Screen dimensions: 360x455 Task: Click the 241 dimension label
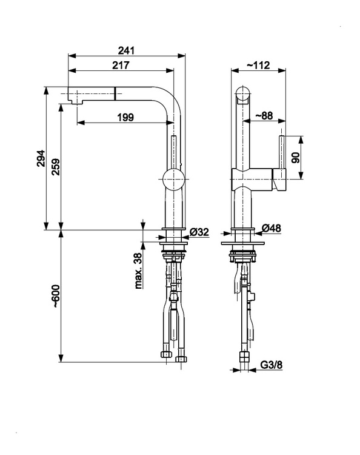pos(127,50)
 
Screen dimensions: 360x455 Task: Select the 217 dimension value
pos(121,66)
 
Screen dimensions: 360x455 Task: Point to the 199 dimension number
pos(125,118)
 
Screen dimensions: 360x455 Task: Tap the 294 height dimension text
pos(41,158)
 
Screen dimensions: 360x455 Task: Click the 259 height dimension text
pos(55,167)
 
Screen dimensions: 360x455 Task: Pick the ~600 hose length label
pos(55,296)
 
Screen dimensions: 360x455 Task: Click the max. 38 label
pos(139,271)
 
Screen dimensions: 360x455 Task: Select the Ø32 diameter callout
pos(199,232)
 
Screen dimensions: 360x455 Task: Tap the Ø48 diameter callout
pos(272,228)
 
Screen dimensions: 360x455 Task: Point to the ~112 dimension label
pos(258,65)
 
